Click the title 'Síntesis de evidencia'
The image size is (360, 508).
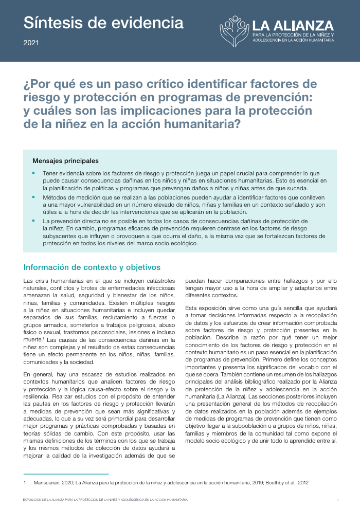pos(103,23)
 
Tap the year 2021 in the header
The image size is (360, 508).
pos(31,43)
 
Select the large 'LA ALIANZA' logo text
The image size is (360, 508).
pos(293,25)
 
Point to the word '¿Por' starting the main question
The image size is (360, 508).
pos(37,84)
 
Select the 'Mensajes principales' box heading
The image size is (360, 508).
pos(65,161)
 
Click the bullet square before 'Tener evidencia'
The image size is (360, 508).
pos(34,174)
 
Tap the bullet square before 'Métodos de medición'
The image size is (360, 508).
pos(34,197)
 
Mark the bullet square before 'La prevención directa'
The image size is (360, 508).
pos(34,221)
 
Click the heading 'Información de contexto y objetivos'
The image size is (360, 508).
pos(92,267)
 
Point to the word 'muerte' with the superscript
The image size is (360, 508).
pos(33,340)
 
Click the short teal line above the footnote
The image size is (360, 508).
pos(66,474)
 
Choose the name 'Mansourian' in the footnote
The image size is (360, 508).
pos(48,483)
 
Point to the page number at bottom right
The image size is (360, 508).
pos(337,500)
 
